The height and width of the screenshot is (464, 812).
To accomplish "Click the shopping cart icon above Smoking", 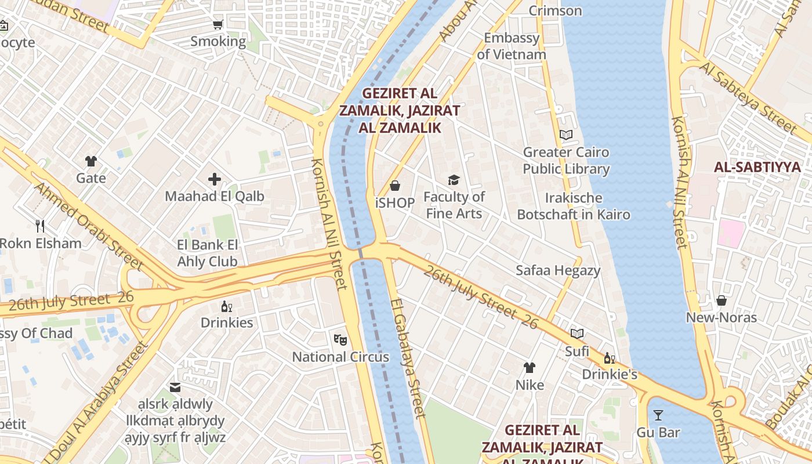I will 217,24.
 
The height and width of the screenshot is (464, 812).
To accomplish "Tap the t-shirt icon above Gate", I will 91,161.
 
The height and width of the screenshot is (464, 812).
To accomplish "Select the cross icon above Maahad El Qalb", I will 215,179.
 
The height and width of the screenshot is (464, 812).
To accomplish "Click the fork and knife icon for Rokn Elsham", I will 40,226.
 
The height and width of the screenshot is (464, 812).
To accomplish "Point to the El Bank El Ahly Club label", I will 208,253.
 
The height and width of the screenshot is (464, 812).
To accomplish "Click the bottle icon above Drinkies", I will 227,306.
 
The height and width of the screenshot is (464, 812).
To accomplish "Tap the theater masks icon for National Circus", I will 340,339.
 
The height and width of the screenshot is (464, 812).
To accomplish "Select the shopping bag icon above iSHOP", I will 395,186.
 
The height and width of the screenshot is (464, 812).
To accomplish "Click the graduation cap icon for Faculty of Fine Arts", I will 454,180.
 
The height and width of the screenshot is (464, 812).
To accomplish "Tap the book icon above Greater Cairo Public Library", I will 566,135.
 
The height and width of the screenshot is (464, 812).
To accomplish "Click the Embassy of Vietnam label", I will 512,46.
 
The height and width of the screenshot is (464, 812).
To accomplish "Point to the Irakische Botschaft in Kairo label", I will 573,206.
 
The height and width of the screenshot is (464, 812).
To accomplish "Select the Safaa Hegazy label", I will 558,270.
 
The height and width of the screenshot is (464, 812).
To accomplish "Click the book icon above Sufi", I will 577,333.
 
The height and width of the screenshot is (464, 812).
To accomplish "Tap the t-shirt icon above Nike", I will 530,368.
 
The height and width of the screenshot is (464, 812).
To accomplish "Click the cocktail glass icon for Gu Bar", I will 658,415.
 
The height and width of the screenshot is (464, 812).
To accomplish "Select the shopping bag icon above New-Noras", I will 722,300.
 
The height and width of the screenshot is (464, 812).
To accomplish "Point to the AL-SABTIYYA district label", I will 757,168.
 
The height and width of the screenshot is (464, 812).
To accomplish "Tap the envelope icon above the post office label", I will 175,387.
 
